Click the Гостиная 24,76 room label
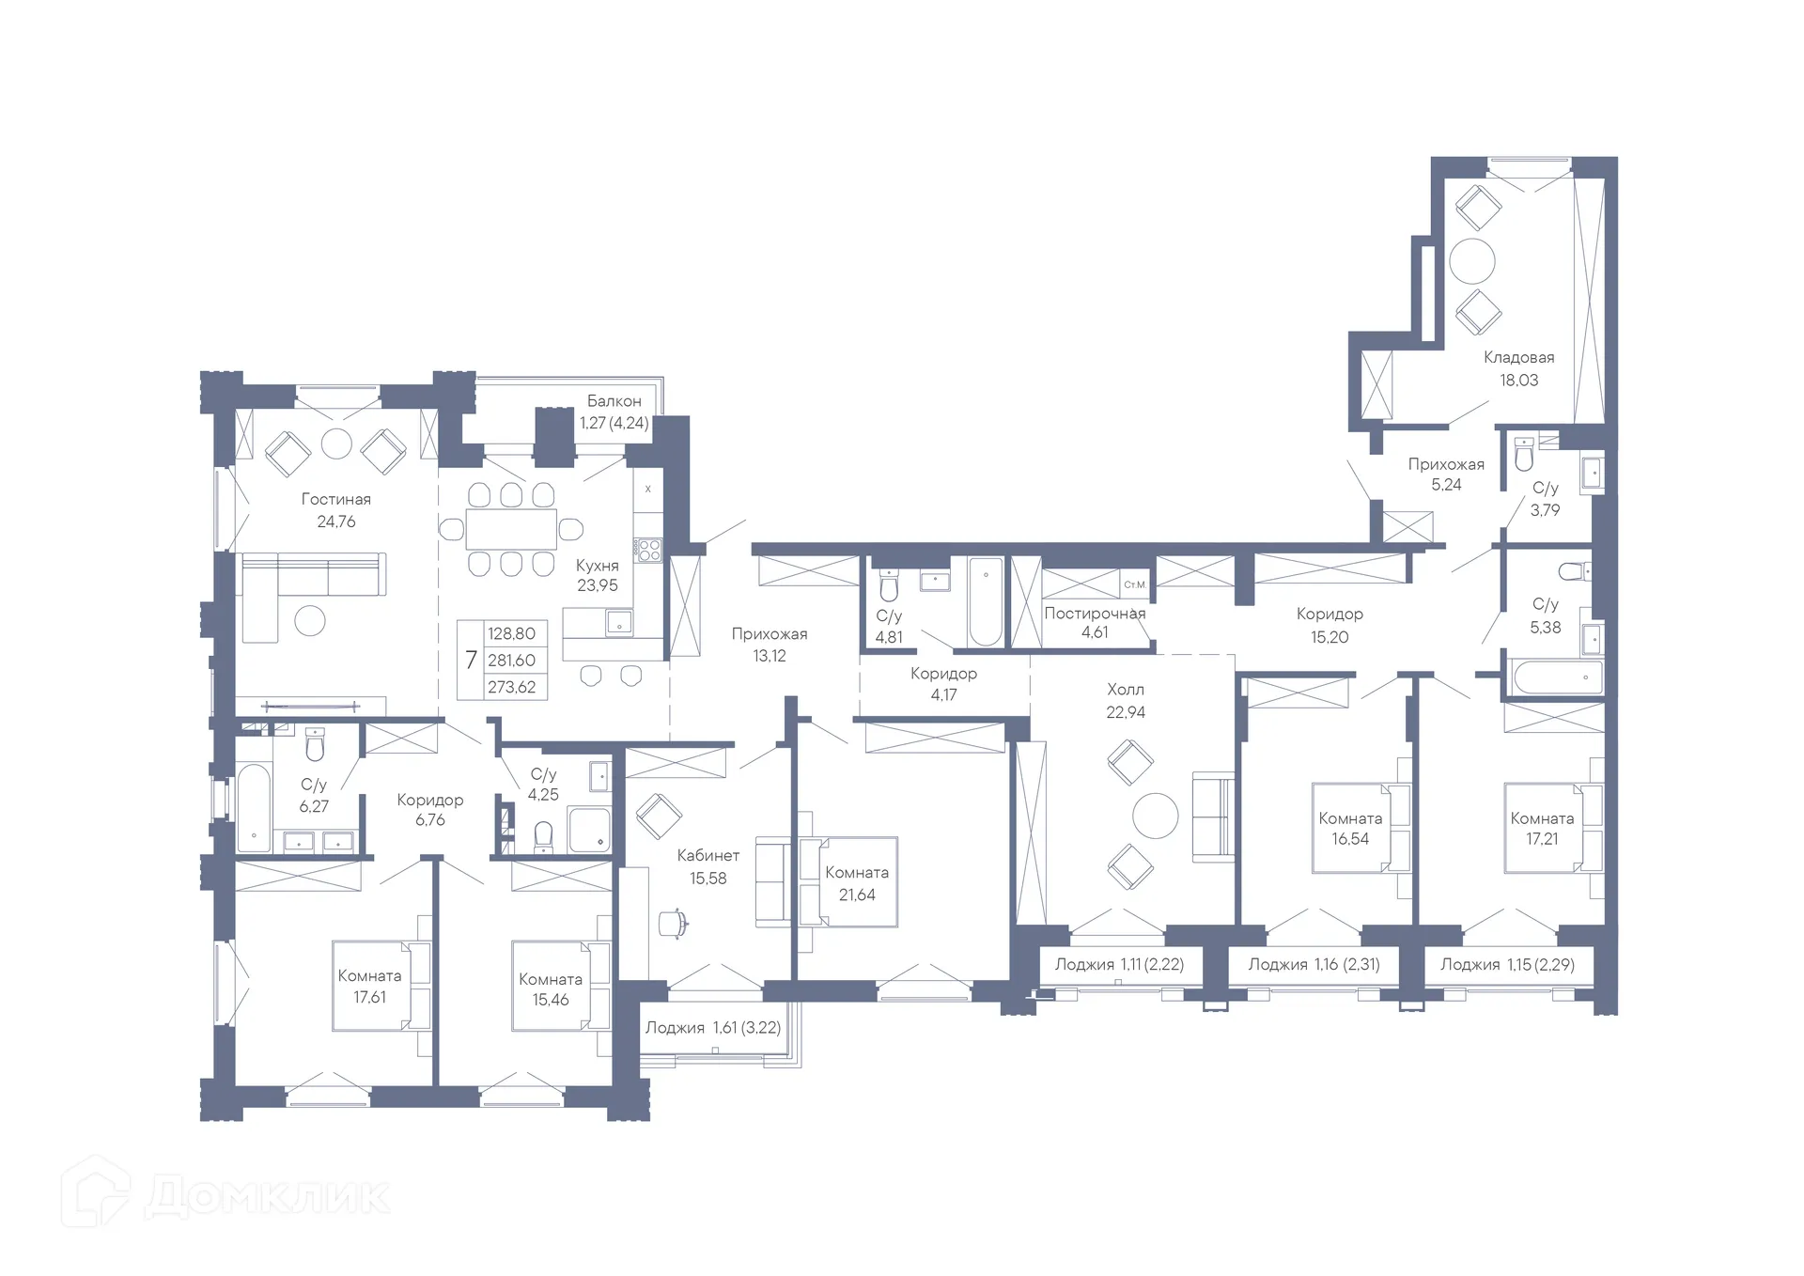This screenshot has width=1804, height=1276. point(335,510)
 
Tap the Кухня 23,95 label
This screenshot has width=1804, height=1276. point(598,575)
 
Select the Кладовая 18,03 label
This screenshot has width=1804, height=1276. point(1518,368)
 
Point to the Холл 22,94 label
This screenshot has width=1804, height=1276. point(1126,701)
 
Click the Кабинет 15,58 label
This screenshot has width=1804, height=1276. point(708,866)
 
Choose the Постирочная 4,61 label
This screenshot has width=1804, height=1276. point(1095,623)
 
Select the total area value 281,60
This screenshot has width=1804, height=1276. point(511,661)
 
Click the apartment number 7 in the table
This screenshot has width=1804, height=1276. point(471,661)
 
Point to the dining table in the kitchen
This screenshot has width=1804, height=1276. point(511,529)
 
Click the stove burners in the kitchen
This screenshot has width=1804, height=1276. point(647,549)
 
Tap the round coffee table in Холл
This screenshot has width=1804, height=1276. point(1155,816)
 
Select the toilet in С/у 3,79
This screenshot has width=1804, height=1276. point(1524,457)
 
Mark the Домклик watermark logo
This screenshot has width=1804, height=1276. point(225,1195)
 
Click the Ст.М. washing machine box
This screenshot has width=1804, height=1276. point(1135,584)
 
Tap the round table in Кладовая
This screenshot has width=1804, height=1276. point(1471,261)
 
